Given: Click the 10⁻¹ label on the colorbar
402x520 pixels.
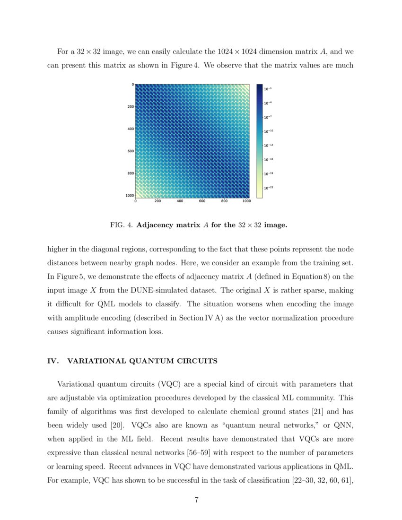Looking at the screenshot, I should [267, 89].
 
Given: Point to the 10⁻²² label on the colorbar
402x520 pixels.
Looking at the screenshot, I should [268, 188].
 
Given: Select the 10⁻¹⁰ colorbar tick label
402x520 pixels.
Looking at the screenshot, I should [268, 131].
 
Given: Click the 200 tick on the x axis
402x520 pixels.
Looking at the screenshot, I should [157, 201].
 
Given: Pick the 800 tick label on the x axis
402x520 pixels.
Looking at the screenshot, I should [224, 201].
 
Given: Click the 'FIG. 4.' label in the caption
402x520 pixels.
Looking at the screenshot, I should [122, 225].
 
